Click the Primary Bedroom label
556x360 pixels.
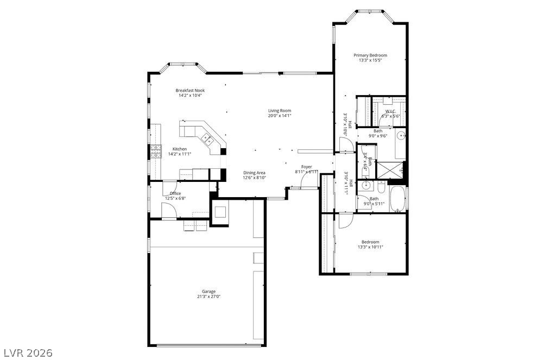[370, 55]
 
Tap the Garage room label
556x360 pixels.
[209, 292]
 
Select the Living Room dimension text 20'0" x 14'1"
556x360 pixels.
[280, 116]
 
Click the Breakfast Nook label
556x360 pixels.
[190, 90]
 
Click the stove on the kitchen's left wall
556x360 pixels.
[156, 151]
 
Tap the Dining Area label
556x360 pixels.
[254, 173]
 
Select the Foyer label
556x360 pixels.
[306, 167]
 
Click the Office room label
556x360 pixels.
[175, 193]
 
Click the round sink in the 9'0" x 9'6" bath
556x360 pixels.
[401, 135]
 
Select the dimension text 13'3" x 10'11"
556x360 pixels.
[370, 247]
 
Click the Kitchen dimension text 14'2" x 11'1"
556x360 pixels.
[180, 154]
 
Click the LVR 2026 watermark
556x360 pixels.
[27, 353]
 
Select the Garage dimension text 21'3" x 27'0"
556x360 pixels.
[209, 297]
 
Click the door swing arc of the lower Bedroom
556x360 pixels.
[345, 221]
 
